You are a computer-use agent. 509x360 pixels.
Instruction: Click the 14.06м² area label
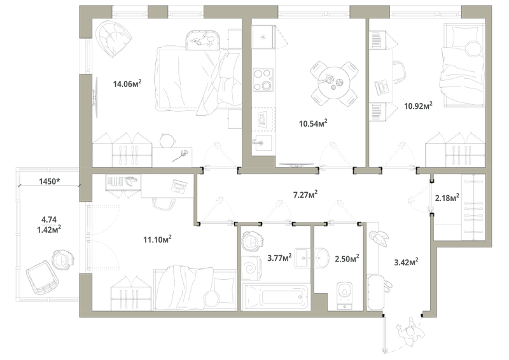pos(127,84)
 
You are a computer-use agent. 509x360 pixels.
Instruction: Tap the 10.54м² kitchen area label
pos(313,123)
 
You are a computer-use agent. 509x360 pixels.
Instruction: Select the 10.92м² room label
pos(419,106)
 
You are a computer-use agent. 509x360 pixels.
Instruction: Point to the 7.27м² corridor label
pos(305,195)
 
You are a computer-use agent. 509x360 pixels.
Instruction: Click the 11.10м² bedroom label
pos(157,239)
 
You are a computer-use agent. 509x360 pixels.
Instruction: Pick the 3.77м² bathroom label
pos(279,258)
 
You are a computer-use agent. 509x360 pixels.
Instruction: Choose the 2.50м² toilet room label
pos(347,259)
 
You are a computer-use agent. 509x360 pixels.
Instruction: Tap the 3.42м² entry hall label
pos(406,261)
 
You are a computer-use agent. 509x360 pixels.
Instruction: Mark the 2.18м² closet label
pos(447,197)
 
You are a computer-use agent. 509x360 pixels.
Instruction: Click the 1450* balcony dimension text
pos(50,181)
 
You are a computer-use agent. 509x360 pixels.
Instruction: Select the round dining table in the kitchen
pos(335,83)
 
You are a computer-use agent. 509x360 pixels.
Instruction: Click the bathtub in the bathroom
pos(276,296)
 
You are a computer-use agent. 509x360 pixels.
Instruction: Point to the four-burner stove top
pos(263,80)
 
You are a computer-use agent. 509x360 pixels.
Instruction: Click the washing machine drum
pos(251,267)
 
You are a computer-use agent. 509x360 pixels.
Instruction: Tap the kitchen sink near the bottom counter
pos(263,143)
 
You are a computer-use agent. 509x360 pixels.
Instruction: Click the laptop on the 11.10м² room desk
pos(179,187)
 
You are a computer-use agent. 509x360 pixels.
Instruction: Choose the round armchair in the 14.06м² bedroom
pos(114,38)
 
